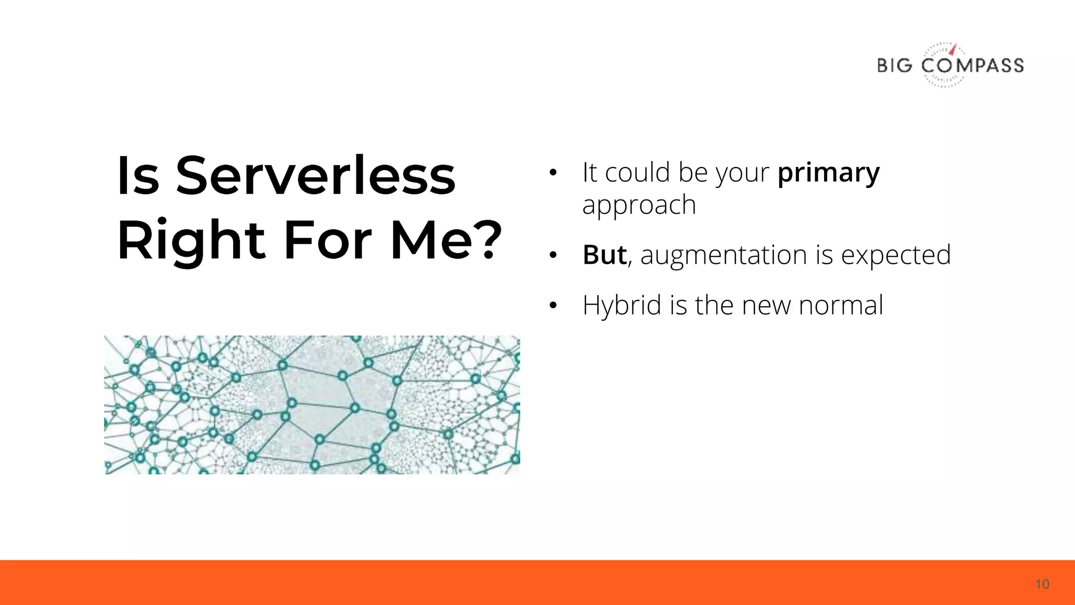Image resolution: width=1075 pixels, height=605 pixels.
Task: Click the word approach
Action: coord(639,205)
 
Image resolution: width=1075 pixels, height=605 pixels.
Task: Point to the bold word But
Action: coord(604,255)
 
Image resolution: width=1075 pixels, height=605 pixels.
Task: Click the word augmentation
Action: coord(723,255)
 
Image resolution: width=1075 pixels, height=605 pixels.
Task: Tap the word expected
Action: coord(895,255)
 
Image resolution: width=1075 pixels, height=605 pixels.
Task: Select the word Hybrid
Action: coord(621,306)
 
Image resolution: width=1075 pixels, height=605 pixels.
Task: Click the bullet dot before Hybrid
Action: coord(552,306)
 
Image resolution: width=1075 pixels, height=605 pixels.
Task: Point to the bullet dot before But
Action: coord(552,256)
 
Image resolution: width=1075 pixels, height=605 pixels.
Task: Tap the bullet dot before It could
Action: coord(552,173)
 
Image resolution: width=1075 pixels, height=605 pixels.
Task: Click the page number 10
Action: coord(1042,584)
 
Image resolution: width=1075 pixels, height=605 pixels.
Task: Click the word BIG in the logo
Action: coord(894,66)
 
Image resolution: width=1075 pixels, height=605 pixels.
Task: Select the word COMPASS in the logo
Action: coord(972,66)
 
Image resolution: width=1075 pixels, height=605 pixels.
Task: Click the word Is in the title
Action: coord(138,176)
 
